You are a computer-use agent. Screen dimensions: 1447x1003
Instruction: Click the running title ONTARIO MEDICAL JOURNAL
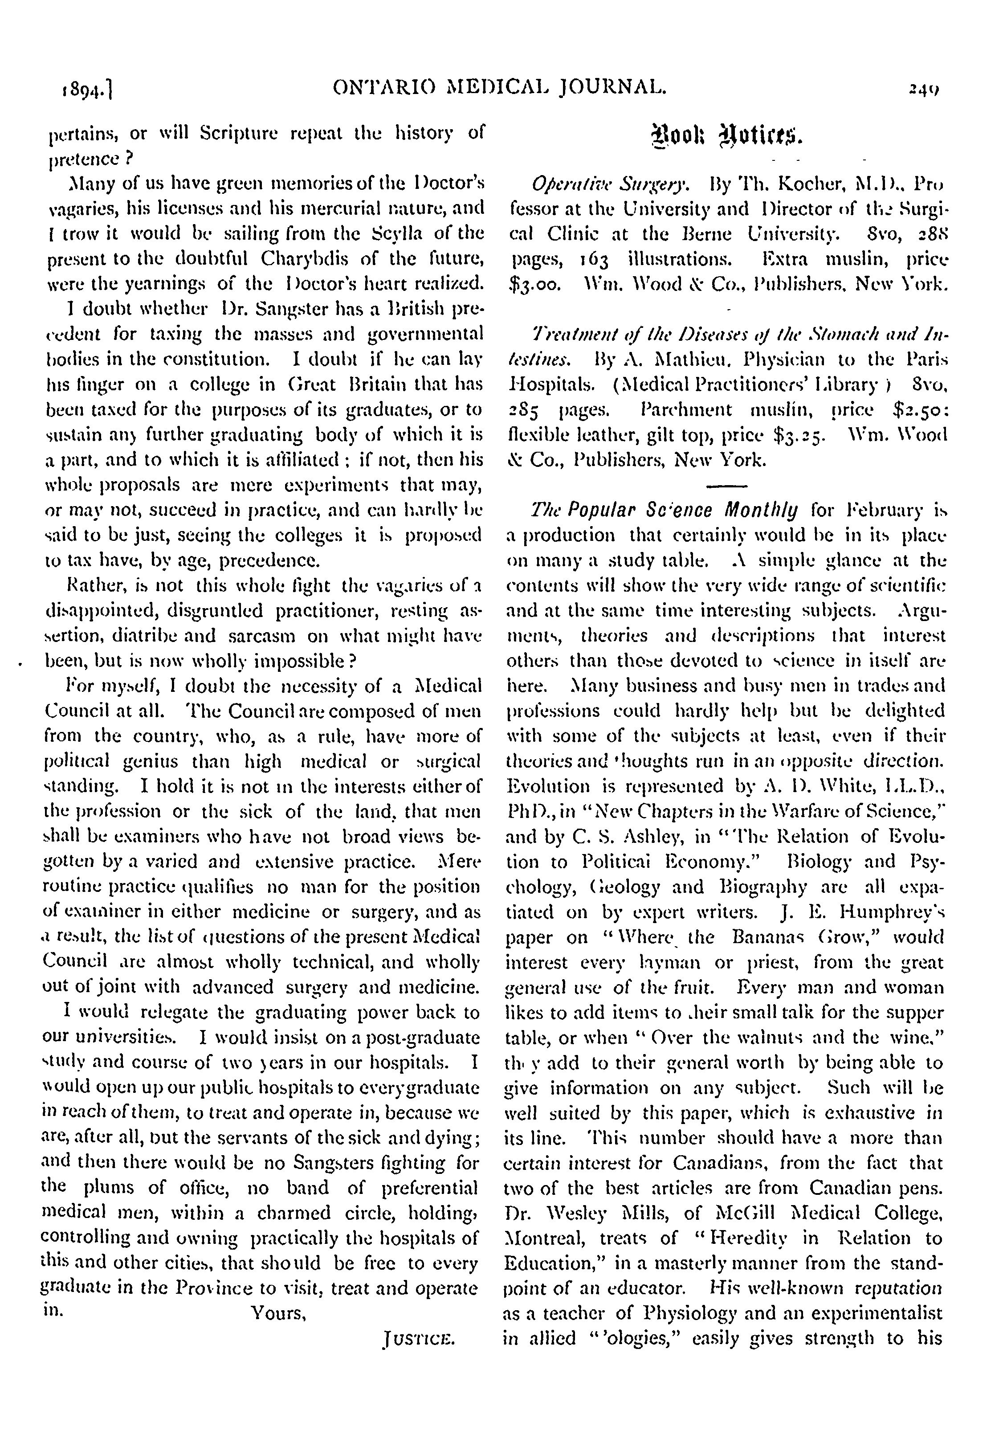499,89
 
